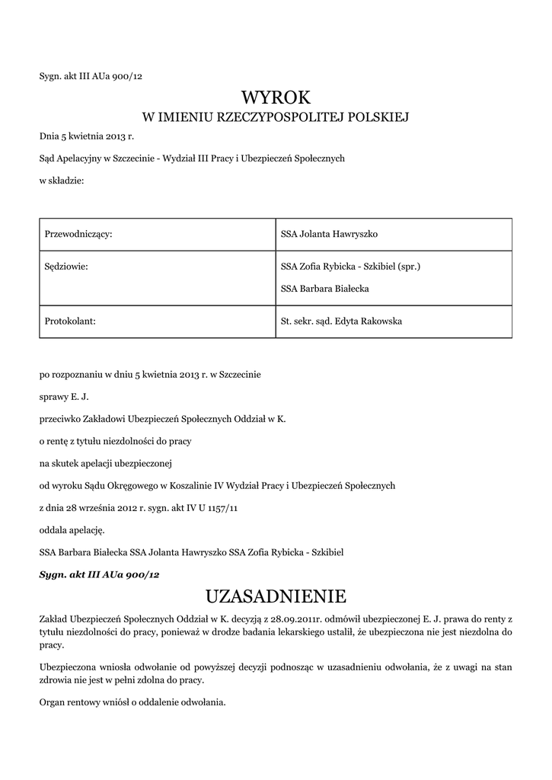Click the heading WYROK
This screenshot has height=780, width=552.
pyautogui.click(x=276, y=97)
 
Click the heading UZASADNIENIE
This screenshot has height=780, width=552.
pyautogui.click(x=276, y=594)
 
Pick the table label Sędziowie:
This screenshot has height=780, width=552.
pyautogui.click(x=64, y=267)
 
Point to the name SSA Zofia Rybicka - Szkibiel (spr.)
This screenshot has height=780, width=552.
pyautogui.click(x=351, y=267)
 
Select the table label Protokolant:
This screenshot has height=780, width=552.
pyautogui.click(x=69, y=321)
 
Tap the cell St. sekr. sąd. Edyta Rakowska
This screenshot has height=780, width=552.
pyautogui.click(x=341, y=321)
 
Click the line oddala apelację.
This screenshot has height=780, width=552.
pyautogui.click(x=72, y=529)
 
